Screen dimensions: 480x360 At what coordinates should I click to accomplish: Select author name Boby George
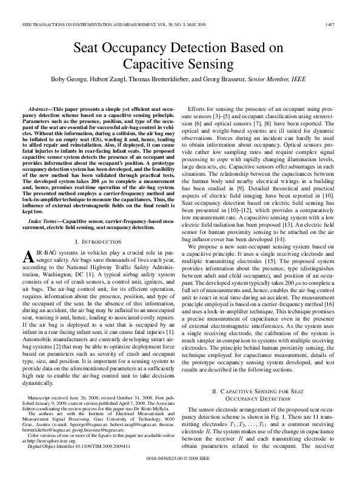click(88, 79)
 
